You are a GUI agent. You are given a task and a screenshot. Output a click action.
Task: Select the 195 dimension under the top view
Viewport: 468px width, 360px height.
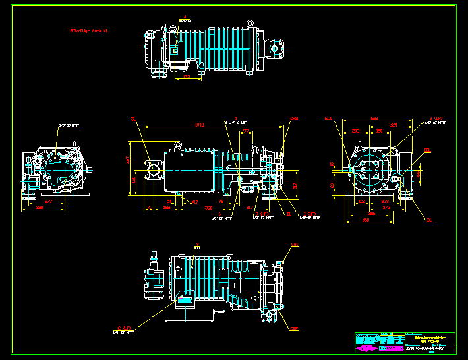187,77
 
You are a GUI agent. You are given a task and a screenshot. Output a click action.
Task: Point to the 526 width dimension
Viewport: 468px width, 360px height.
374,119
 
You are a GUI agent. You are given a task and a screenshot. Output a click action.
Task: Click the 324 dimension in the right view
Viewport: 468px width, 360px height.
394,124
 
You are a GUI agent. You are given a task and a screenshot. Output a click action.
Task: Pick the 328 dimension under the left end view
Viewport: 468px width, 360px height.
40,207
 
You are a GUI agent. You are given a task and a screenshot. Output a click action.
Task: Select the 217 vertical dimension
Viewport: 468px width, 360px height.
296,185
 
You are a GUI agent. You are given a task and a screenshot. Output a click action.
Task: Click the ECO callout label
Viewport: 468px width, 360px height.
328,119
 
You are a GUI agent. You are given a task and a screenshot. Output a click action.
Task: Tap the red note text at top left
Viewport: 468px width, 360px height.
89,30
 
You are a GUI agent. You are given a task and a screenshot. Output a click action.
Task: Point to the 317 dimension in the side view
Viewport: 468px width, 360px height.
250,206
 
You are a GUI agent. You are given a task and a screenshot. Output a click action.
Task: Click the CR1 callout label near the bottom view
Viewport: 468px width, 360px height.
294,244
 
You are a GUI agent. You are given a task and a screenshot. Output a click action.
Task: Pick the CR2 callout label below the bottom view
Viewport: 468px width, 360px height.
294,328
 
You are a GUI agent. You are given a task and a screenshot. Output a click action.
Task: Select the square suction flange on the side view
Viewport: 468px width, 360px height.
154,169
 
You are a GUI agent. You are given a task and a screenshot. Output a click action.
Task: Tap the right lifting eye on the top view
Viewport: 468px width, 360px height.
250,24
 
